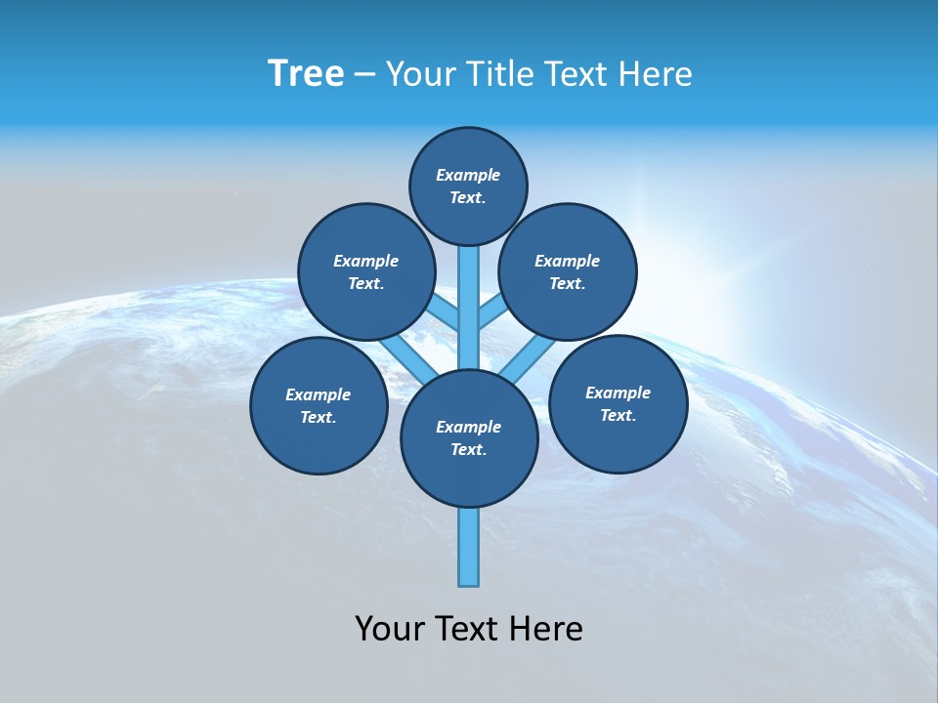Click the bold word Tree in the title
pyautogui.click(x=306, y=73)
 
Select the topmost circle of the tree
pyautogui.click(x=468, y=186)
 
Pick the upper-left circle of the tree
pyautogui.click(x=365, y=271)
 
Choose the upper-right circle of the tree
pyautogui.click(x=568, y=271)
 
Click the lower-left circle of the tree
pyautogui.click(x=319, y=405)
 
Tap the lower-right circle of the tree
pyautogui.click(x=618, y=403)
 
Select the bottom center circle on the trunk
pyautogui.click(x=469, y=437)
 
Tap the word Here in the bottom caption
pyautogui.click(x=548, y=629)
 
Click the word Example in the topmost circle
pyautogui.click(x=468, y=175)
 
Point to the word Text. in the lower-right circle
pyautogui.click(x=618, y=415)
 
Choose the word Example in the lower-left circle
pyautogui.click(x=319, y=394)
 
